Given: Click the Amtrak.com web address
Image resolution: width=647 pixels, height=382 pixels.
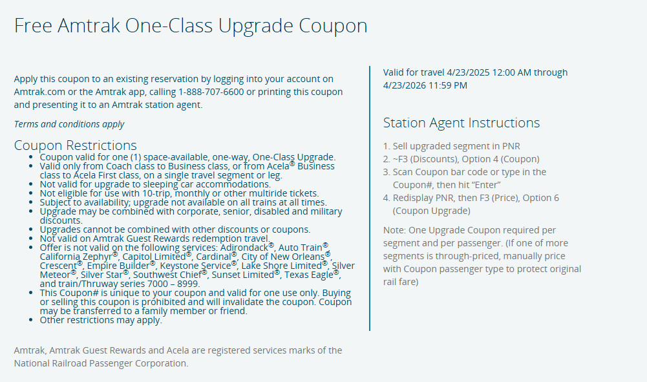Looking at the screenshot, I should point(39,92).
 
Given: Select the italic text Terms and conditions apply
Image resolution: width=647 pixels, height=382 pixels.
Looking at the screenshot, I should point(69,124).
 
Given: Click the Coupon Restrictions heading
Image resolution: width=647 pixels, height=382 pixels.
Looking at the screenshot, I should point(75,145).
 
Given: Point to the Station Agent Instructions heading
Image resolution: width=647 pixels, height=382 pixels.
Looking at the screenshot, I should point(461,123).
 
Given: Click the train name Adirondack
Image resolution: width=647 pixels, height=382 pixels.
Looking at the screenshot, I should point(244,248).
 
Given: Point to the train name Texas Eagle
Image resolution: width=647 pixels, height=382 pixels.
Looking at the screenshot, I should point(309,275).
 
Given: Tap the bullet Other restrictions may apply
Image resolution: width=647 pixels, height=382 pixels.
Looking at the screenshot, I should point(101,320).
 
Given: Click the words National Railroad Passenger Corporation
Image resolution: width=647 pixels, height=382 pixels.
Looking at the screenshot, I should point(101,363).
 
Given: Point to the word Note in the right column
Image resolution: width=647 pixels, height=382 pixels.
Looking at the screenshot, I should point(394,230).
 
